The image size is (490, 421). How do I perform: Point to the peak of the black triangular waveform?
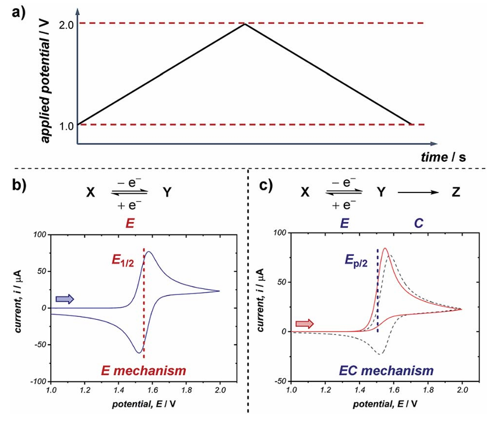coord(245,24)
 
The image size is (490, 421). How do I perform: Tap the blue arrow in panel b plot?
coord(64,299)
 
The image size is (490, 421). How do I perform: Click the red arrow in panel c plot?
coord(304,323)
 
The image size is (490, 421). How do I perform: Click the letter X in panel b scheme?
coord(90,191)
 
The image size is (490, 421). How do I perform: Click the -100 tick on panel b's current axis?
coord(40,381)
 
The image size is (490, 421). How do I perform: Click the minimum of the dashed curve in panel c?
coord(380,354)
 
